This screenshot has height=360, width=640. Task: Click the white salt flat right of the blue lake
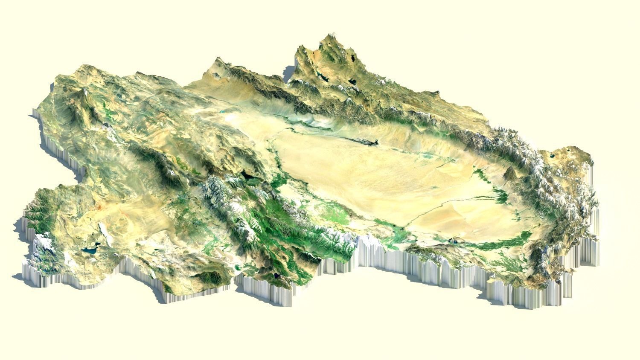pyautogui.click(x=104, y=233)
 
